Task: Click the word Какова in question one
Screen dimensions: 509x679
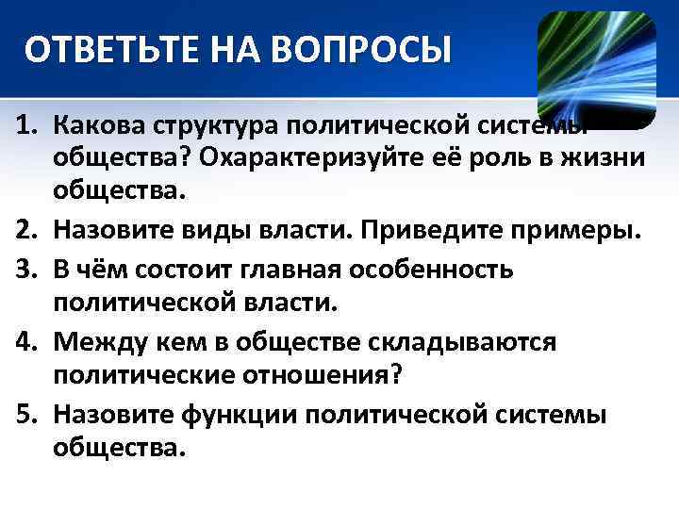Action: coord(98,126)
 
